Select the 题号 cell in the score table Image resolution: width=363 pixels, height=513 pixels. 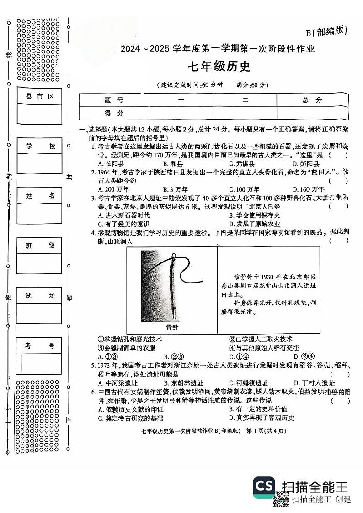(114, 100)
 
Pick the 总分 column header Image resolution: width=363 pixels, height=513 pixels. (312, 100)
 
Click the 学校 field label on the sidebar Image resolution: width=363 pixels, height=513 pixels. (39, 146)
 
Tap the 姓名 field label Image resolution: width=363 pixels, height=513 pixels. (39, 196)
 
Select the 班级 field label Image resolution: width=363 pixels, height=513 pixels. (39, 246)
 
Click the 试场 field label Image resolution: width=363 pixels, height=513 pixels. (39, 296)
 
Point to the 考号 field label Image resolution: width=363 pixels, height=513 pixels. (39, 345)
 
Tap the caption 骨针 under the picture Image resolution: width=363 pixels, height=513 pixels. (172, 327)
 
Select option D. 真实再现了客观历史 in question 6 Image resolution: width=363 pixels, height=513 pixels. (262, 418)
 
